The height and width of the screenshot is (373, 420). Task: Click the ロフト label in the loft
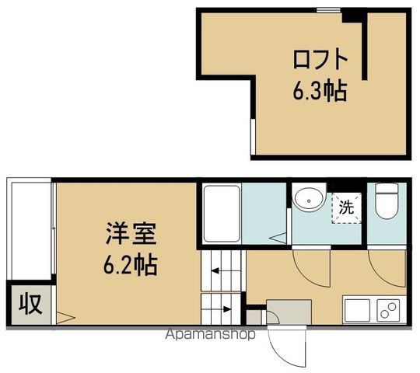click(x=317, y=60)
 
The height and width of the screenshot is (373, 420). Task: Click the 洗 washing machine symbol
click(x=346, y=207)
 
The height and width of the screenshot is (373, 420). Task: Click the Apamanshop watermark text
click(x=210, y=336)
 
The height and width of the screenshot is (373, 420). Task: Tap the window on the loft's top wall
click(x=327, y=10)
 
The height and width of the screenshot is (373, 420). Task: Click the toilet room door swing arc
click(x=386, y=268)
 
